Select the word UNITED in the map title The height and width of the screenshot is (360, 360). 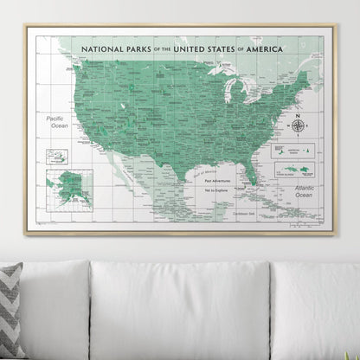[196, 51]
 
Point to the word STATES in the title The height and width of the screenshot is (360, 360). [238, 51]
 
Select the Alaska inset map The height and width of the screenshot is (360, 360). [68, 184]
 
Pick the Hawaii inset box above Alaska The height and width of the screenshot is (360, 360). [58, 157]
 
